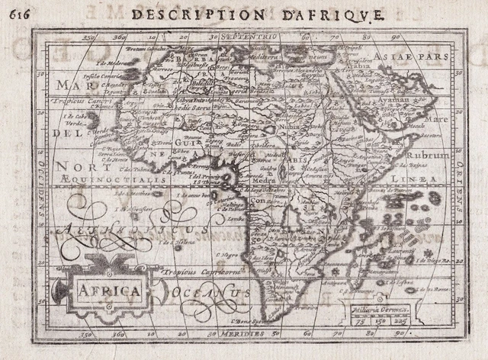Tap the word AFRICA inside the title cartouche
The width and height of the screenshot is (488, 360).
(x=106, y=291)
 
